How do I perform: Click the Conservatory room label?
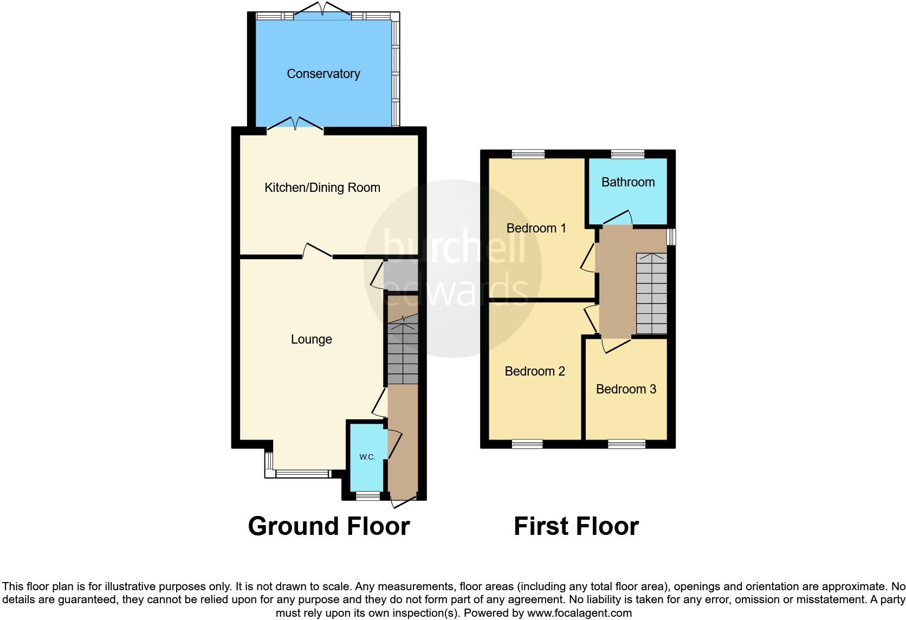[323, 74]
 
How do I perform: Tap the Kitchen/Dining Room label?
[322, 188]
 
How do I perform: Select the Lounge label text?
[312, 339]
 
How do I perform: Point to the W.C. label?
[367, 457]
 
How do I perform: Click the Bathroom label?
[628, 182]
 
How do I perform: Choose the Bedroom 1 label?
[536, 228]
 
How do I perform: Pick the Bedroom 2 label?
[535, 371]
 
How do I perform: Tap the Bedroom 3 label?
[626, 389]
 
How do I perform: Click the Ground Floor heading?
[329, 526]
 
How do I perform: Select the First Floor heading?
[576, 526]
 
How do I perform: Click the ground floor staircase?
[403, 352]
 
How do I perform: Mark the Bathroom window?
[628, 154]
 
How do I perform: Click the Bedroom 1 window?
[528, 154]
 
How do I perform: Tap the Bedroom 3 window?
[626, 444]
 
